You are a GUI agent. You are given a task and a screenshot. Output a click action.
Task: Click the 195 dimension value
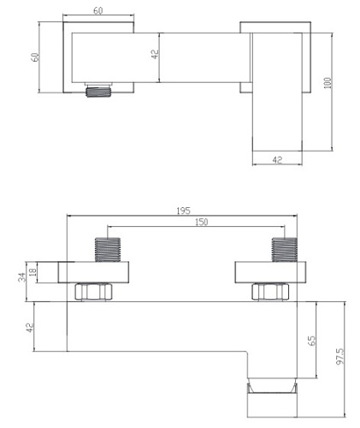(x=183, y=211)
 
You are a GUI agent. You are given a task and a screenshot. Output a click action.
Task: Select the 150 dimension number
(x=202, y=222)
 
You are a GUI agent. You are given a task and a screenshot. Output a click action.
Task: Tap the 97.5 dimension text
(x=340, y=356)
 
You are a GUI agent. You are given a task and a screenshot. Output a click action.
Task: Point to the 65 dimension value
(x=311, y=341)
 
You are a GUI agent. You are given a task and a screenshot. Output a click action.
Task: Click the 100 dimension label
(x=328, y=83)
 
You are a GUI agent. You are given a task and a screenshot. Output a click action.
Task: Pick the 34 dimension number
(x=21, y=276)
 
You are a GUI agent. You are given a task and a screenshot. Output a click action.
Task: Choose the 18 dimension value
(x=33, y=271)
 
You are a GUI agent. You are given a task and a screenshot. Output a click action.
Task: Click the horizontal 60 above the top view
(x=97, y=10)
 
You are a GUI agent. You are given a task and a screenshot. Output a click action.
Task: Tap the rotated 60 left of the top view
(x=35, y=56)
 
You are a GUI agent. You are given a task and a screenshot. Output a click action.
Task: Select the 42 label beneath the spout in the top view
(x=277, y=160)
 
